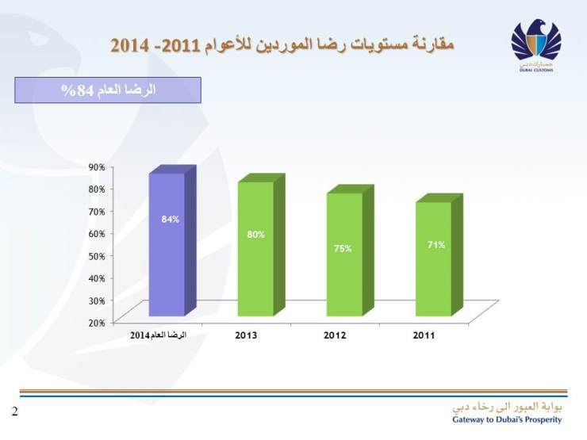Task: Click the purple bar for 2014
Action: click(167, 262)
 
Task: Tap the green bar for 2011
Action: click(433, 274)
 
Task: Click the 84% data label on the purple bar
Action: click(171, 219)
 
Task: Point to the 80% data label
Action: click(255, 235)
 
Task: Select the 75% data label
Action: click(343, 248)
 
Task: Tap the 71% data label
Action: click(436, 245)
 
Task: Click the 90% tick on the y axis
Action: click(97, 166)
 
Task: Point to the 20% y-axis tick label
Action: click(97, 323)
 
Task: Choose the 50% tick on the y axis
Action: click(97, 256)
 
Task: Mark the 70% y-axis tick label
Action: click(97, 212)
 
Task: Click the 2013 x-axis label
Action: click(246, 335)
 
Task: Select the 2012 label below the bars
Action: click(335, 335)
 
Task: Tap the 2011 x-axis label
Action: click(424, 335)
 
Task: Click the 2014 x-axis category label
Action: click(158, 335)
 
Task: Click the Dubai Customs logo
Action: click(536, 47)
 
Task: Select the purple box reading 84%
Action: click(108, 90)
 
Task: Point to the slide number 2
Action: click(14, 411)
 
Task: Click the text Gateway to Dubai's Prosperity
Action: click(507, 419)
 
